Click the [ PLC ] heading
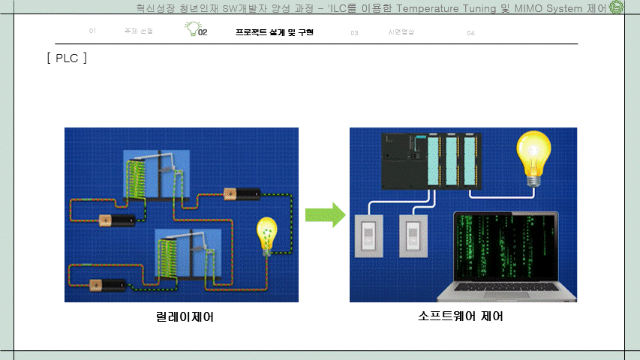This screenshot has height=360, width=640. tap(66, 58)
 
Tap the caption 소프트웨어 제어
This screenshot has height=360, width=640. tap(461, 316)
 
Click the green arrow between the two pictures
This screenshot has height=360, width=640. tap(324, 215)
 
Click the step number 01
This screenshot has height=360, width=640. tap(92, 32)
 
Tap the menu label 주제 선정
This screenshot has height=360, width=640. tap(139, 32)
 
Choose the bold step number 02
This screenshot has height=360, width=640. tap(203, 33)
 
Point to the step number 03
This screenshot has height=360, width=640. tap(354, 33)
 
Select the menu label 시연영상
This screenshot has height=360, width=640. tap(401, 32)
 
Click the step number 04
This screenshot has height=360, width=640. tap(470, 33)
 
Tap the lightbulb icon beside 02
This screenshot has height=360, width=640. tap(193, 28)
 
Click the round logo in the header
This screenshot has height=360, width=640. tap(617, 8)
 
